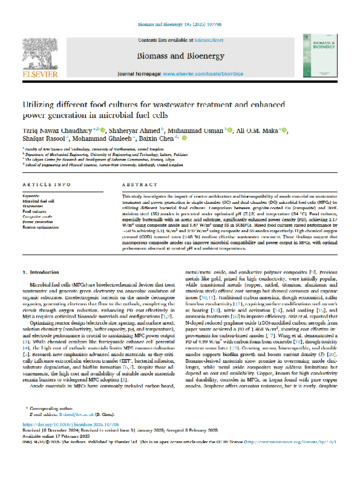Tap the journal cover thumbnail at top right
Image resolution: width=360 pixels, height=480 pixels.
click(x=318, y=49)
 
